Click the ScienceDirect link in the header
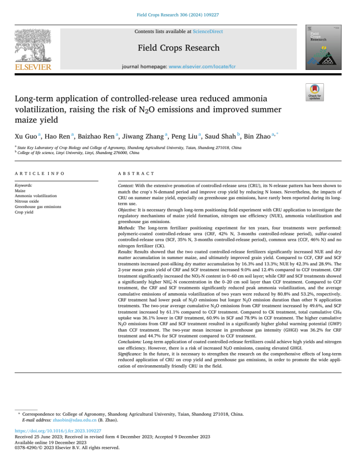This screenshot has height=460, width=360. pos(208,32)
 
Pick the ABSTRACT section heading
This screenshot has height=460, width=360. pos(136,174)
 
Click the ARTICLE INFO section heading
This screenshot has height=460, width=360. pos(39,174)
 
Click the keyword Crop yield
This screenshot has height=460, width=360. pos(24,212)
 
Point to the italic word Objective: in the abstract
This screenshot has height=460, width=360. pos(127,210)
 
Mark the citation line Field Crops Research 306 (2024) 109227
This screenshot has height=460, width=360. pos(180,15)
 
